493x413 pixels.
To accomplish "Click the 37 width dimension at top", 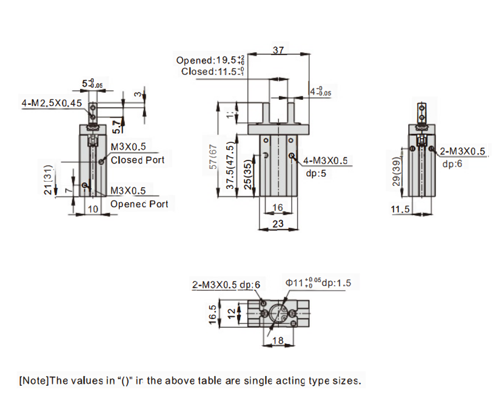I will [278, 50].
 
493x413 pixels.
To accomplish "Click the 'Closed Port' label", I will [137, 160].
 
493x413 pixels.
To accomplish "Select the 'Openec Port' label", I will [139, 204].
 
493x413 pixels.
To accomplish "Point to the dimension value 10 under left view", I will [92, 209].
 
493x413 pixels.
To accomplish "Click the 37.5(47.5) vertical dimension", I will [230, 168].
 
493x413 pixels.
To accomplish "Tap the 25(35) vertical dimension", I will [247, 176].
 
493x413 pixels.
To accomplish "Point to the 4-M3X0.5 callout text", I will [326, 160].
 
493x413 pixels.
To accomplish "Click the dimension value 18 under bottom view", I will [278, 340].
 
